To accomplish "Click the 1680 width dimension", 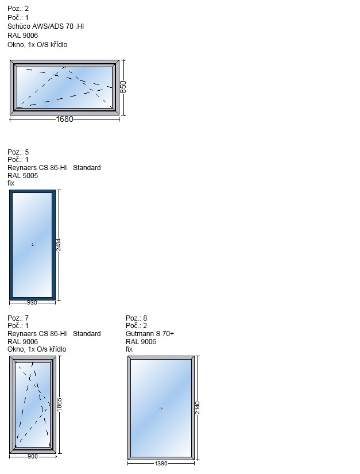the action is click(65, 119).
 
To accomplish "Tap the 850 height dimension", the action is click(123, 87).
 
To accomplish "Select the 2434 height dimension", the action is click(59, 245).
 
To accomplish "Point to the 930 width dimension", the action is click(32, 302).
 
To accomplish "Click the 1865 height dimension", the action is click(59, 404).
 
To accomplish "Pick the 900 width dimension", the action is click(33, 456).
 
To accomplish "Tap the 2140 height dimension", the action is click(197, 408).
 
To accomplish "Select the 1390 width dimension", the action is click(161, 463).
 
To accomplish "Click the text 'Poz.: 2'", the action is click(18, 9).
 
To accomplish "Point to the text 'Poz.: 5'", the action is click(18, 152).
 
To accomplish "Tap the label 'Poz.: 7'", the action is click(18, 318).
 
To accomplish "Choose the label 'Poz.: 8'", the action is click(137, 318).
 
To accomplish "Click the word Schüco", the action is click(19, 26).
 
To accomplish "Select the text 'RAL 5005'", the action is click(22, 175).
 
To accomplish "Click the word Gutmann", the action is click(140, 333).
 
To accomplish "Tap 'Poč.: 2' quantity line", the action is click(137, 326).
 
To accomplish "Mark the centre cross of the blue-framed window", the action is click(33, 245).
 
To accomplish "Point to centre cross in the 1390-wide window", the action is click(161, 408).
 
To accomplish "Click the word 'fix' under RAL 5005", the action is click(11, 183).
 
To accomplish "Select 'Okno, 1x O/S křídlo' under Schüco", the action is click(37, 45).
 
